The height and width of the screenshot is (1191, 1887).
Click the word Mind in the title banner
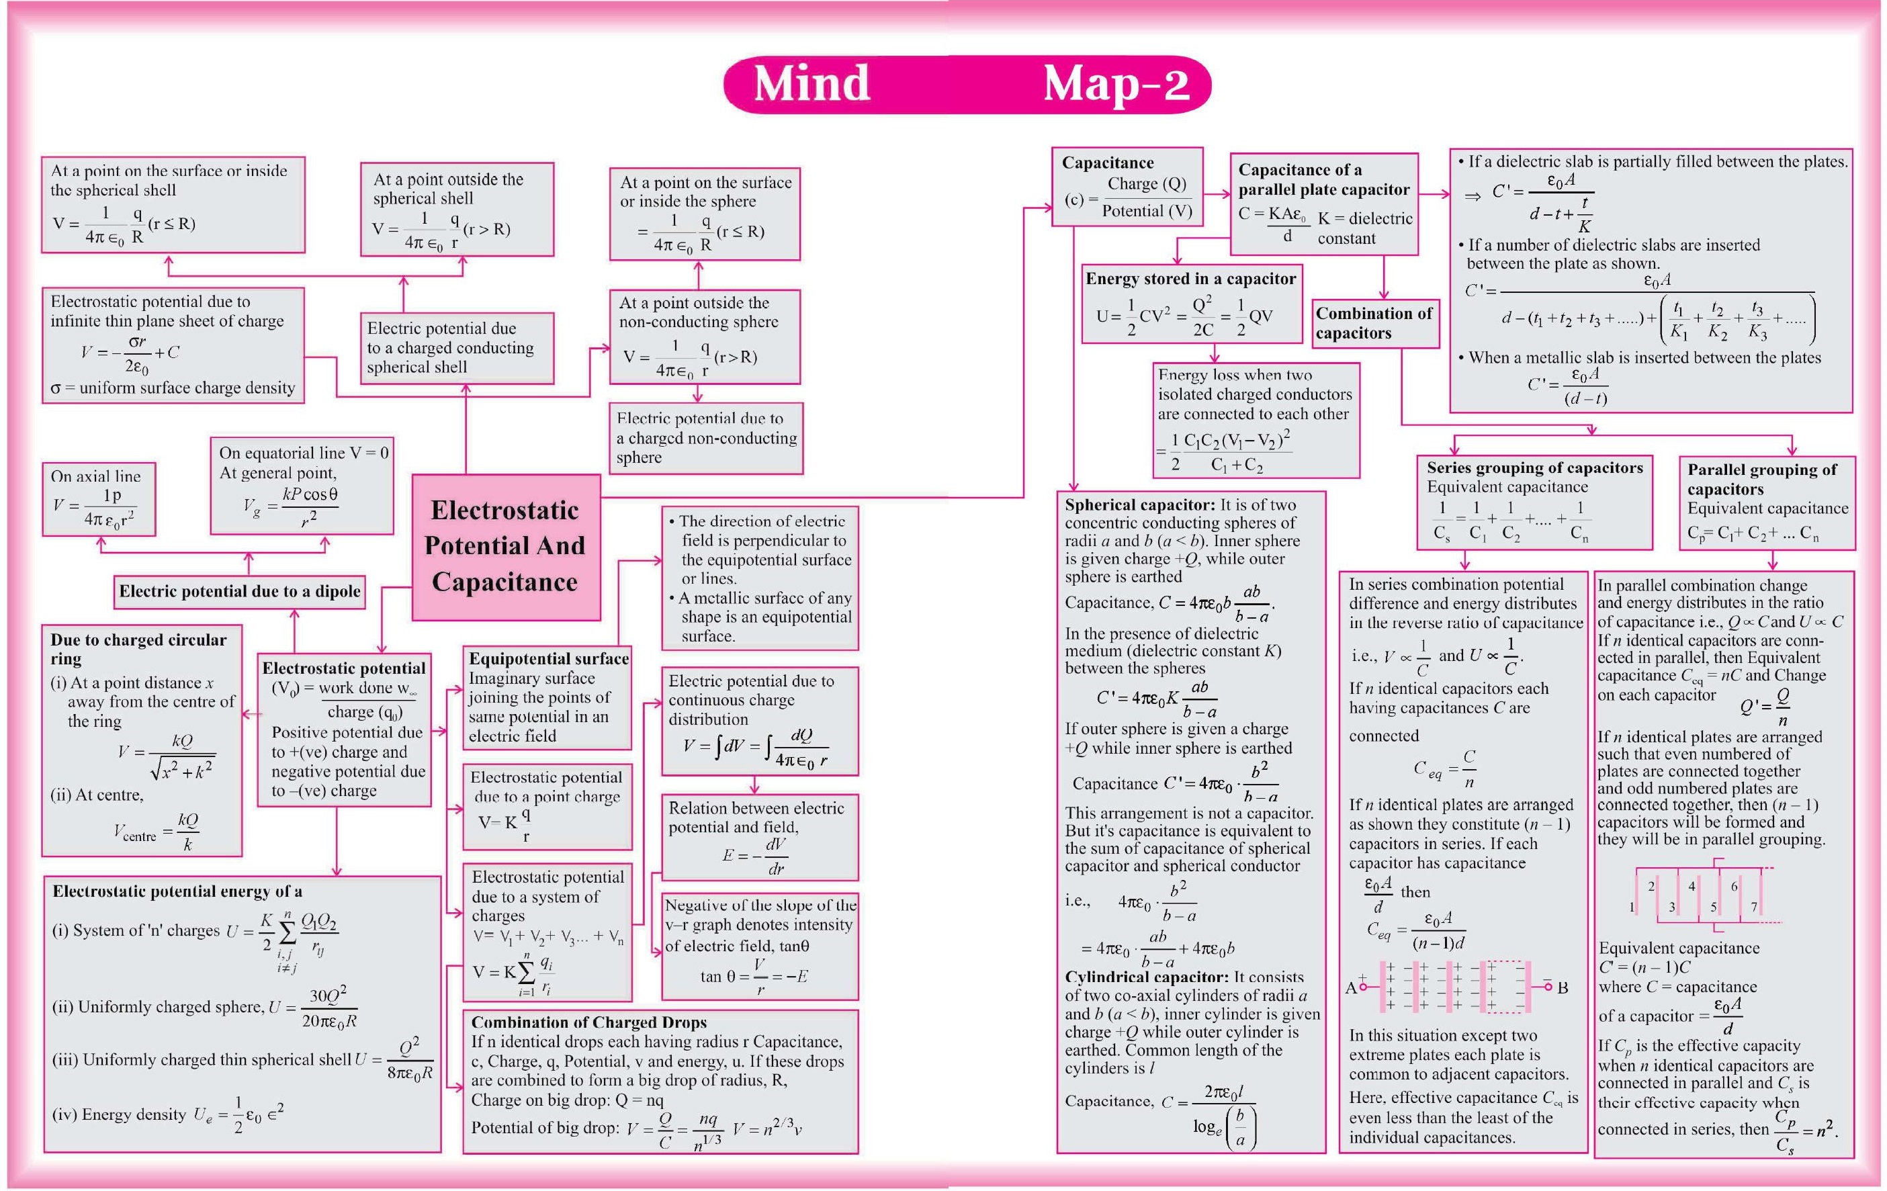(812, 83)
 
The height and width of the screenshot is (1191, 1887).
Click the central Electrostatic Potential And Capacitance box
(505, 546)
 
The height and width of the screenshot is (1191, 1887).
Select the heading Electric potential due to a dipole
(240, 592)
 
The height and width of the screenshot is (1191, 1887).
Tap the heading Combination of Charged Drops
(588, 1022)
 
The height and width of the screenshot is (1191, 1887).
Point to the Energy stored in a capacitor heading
(1190, 279)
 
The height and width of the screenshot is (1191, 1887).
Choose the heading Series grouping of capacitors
(1534, 468)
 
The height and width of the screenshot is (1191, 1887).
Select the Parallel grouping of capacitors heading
(1761, 479)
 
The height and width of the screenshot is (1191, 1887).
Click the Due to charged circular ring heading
(138, 649)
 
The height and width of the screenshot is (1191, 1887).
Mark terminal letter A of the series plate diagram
(1350, 988)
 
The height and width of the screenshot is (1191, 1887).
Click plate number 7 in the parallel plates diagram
(1754, 908)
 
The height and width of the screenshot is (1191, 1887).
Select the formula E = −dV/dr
(754, 856)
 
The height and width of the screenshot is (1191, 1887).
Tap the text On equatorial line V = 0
(303, 453)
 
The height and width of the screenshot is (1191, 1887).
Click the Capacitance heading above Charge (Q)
(1107, 163)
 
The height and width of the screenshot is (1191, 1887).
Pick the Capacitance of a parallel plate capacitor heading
(1323, 179)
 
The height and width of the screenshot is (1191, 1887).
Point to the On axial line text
(95, 476)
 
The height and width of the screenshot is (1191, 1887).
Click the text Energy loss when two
(1234, 376)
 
